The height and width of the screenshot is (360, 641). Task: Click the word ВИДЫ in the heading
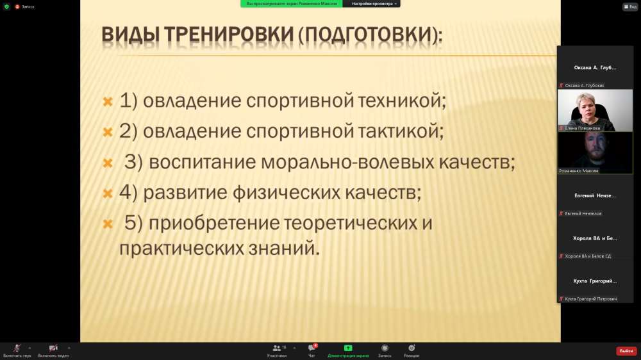(130, 35)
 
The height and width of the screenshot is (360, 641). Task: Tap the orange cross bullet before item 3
(108, 163)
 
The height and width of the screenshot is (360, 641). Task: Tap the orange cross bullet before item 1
(108, 101)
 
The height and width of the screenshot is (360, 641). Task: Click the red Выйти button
(626, 351)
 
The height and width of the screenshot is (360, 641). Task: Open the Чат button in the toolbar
(312, 350)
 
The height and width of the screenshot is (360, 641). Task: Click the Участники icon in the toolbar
(277, 350)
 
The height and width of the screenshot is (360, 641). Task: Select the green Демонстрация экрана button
(348, 350)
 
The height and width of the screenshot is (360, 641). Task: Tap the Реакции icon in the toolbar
(412, 350)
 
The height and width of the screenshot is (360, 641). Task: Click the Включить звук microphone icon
(17, 348)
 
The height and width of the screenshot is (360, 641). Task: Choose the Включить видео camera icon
(53, 348)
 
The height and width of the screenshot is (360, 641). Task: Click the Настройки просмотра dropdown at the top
(372, 4)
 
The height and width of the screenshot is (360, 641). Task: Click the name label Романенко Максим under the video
(578, 171)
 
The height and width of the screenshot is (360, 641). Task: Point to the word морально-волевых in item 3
(347, 162)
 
